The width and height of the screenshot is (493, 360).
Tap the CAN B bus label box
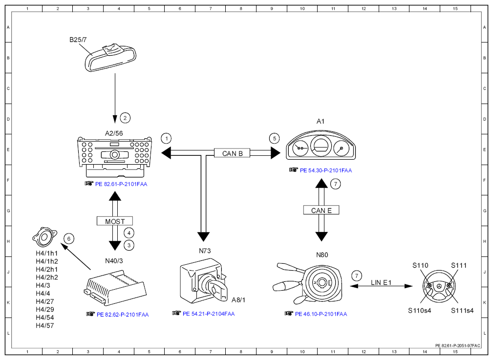(233, 153)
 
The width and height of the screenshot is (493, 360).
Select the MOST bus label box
(115, 221)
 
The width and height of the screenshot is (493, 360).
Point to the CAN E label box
(322, 210)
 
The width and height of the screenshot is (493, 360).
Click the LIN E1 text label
(381, 282)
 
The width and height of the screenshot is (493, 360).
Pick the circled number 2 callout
(125, 118)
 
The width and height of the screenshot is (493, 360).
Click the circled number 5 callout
(275, 138)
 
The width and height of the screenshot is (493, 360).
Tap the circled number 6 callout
(69, 239)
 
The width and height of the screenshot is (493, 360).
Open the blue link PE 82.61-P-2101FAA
(121, 184)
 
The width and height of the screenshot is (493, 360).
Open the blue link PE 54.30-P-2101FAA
(326, 170)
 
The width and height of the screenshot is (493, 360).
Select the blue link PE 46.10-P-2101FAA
(321, 314)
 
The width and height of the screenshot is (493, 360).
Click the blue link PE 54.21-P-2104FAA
(209, 314)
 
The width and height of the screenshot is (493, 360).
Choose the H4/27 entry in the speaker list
(44, 301)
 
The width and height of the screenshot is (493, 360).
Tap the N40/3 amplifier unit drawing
(115, 287)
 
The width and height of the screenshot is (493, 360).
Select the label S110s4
(419, 311)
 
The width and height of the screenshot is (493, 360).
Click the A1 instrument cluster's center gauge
(321, 146)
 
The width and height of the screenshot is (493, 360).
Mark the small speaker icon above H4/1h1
(44, 237)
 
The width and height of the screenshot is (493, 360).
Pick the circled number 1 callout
(166, 138)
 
